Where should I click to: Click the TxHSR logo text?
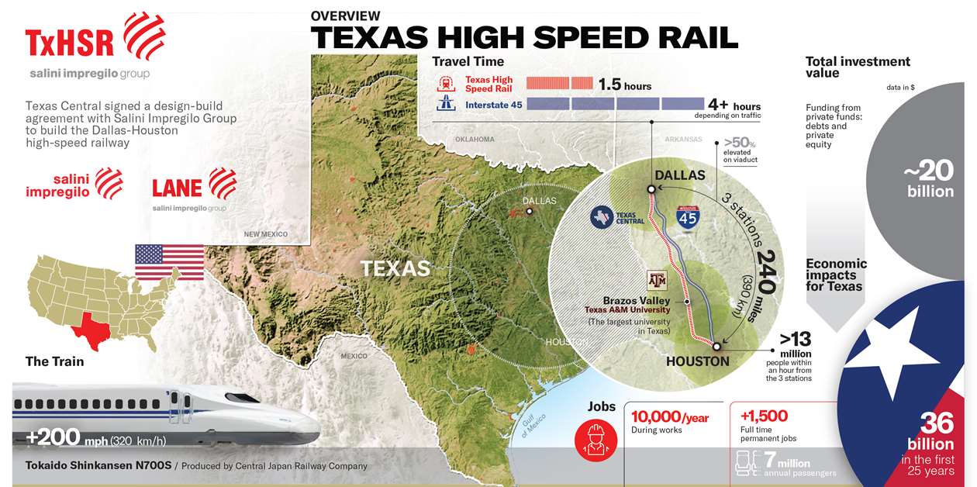coord(70,43)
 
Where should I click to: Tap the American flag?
coord(169,261)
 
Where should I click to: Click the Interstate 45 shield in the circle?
coord(688,219)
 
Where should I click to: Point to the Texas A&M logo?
coord(656,281)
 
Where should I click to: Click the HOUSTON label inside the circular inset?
coord(698,361)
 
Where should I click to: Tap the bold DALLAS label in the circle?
coord(680,175)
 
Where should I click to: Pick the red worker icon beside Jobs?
coord(596,434)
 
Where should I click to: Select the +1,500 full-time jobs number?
coord(764,416)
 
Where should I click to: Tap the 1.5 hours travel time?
coord(625,85)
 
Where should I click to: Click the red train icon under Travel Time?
coord(446,84)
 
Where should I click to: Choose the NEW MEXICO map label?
coord(265,234)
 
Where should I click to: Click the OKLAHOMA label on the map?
coord(475,140)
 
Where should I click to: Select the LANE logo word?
coord(177,188)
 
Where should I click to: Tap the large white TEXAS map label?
coord(395,268)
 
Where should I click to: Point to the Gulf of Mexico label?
coord(533,426)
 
